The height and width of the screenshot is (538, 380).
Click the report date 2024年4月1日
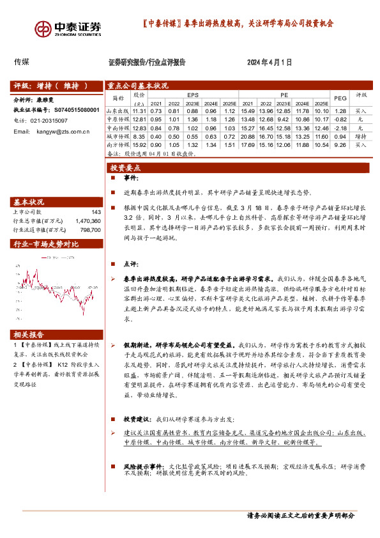pos(270,63)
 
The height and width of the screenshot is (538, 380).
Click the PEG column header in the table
pos(340,98)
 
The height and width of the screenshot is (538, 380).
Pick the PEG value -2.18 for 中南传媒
pos(340,128)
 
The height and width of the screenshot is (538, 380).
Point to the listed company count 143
pos(96,212)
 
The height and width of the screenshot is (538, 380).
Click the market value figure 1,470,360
pos(87,220)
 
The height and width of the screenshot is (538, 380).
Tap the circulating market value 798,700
pos(90,229)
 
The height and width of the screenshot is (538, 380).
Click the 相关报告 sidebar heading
pos(29,335)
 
